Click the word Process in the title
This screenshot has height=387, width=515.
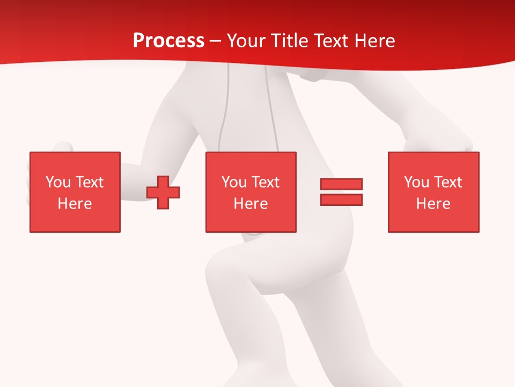point(168,41)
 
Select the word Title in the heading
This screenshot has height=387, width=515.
point(289,41)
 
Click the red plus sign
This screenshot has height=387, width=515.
point(163,192)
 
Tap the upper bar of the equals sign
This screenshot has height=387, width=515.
point(341,184)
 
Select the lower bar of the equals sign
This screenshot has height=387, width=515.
point(341,199)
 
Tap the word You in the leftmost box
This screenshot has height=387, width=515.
point(58,182)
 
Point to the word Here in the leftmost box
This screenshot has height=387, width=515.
point(75,204)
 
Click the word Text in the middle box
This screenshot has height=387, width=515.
point(266,182)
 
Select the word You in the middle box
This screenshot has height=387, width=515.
point(234,182)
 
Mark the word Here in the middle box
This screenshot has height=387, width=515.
point(251,204)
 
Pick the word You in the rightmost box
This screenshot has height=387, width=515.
point(416,182)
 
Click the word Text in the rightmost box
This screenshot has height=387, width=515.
point(448,182)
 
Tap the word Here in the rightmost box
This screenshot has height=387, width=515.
point(433,204)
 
